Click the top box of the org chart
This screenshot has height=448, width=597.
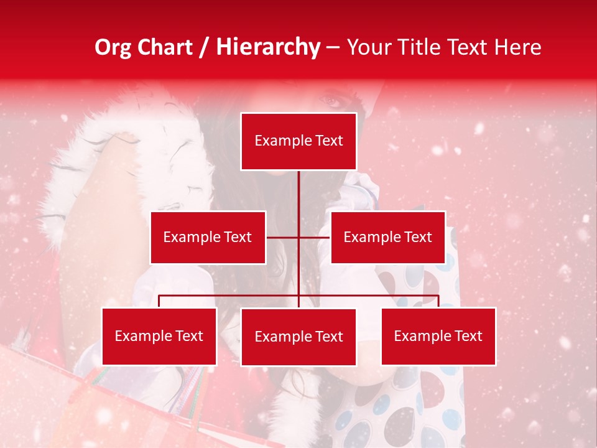click(x=298, y=141)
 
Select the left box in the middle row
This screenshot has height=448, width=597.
click(x=208, y=237)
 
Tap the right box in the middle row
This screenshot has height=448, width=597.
click(x=387, y=237)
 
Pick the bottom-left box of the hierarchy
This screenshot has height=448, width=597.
click(x=159, y=336)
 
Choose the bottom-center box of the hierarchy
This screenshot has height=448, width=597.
click(x=298, y=337)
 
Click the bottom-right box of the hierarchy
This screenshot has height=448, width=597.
click(x=438, y=336)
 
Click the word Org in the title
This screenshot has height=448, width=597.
click(x=113, y=47)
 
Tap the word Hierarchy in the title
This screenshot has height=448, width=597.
click(x=267, y=47)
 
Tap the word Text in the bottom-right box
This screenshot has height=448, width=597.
click(x=468, y=336)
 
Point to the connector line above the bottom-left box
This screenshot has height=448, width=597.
click(x=159, y=301)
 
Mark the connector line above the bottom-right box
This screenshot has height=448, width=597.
click(x=438, y=301)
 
